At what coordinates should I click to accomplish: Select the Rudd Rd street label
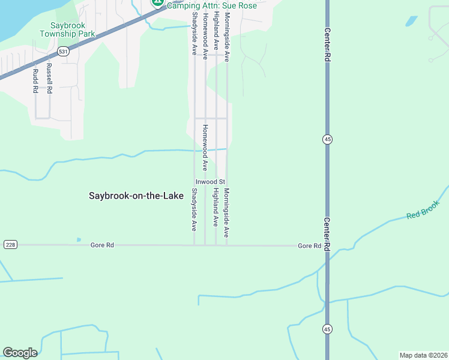pyautogui.click(x=35, y=81)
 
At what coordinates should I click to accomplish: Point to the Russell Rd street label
pyautogui.click(x=49, y=79)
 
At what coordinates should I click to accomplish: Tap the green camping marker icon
pyautogui.click(x=158, y=2)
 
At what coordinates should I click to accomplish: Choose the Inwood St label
pyautogui.click(x=209, y=182)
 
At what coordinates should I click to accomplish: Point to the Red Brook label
pyautogui.click(x=423, y=209)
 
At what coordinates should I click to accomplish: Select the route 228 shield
pyautogui.click(x=10, y=245)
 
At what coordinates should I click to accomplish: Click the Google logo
pyautogui.click(x=20, y=353)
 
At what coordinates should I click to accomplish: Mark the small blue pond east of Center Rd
pyautogui.click(x=411, y=21)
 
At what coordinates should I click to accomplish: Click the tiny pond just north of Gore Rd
pyautogui.click(x=79, y=239)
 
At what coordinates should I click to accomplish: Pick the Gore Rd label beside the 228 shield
pyautogui.click(x=102, y=245)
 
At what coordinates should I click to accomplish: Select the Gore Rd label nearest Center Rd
pyautogui.click(x=310, y=246)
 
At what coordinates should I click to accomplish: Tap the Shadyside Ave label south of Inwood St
pyautogui.click(x=194, y=209)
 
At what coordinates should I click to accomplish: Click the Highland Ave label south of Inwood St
pyautogui.click(x=215, y=207)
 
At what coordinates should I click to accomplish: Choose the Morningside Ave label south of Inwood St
pyautogui.click(x=226, y=213)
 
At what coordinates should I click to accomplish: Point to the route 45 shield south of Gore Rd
pyautogui.click(x=327, y=329)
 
